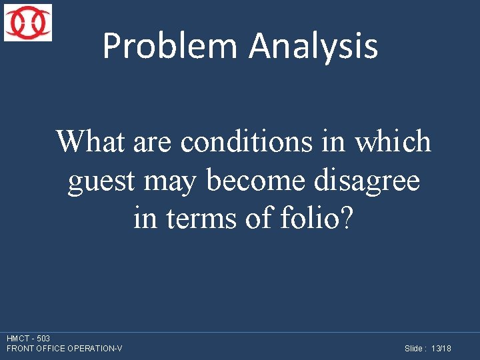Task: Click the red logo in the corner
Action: (27, 23)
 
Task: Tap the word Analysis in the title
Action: (313, 47)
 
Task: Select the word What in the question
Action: (91, 141)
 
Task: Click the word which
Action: (393, 141)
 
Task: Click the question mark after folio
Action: (343, 219)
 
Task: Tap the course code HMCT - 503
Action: (28, 339)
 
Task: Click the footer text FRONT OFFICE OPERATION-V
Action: (64, 349)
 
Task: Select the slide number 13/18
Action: (441, 349)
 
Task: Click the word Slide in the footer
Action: (413, 349)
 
